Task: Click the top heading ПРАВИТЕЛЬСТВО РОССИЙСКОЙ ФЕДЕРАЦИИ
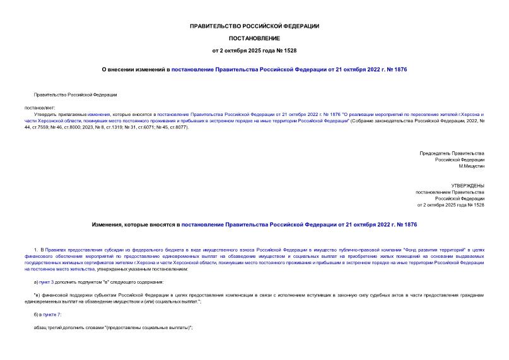pos(254,26)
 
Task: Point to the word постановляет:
pos(40,108)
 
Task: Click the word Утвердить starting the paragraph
pos(45,115)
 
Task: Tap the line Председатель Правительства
pos(452,153)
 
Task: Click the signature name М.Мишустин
pos(471,166)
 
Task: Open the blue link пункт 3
pos(46,281)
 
